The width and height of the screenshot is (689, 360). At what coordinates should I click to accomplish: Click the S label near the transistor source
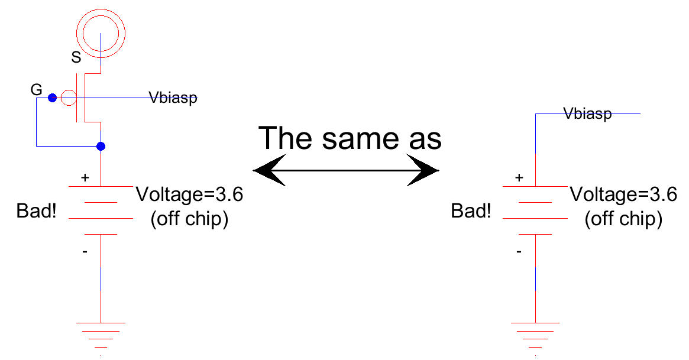pyautogui.click(x=76, y=57)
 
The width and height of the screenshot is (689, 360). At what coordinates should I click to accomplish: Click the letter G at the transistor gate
pyautogui.click(x=36, y=90)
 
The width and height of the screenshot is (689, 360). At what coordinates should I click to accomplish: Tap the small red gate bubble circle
pyautogui.click(x=68, y=98)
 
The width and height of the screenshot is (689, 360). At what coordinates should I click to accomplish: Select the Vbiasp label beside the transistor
pyautogui.click(x=173, y=98)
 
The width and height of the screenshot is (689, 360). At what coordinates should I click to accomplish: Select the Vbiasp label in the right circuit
pyautogui.click(x=587, y=113)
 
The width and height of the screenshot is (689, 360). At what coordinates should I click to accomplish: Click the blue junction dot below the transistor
pyautogui.click(x=101, y=146)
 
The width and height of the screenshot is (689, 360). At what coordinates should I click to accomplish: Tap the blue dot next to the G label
pyautogui.click(x=52, y=98)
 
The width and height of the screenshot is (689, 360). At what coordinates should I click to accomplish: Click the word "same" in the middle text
pyautogui.click(x=360, y=138)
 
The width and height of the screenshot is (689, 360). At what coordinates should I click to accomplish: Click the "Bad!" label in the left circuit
pyautogui.click(x=37, y=210)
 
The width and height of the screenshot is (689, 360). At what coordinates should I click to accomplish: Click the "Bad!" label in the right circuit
pyautogui.click(x=471, y=210)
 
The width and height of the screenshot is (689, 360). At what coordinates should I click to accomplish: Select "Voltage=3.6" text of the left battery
pyautogui.click(x=189, y=194)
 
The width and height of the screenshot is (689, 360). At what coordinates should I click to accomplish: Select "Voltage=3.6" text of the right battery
pyautogui.click(x=623, y=194)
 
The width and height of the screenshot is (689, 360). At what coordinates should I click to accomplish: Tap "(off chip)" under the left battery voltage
pyautogui.click(x=189, y=219)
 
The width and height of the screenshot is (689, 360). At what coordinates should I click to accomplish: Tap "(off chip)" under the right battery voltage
pyautogui.click(x=623, y=219)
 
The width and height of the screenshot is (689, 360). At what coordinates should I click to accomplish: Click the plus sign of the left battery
pyautogui.click(x=85, y=177)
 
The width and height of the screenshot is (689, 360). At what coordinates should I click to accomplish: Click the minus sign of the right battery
pyautogui.click(x=519, y=252)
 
